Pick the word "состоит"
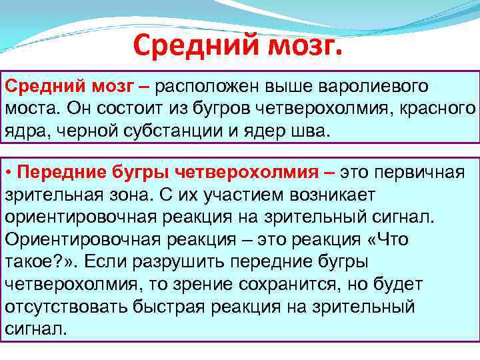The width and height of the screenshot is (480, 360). (x=126, y=109)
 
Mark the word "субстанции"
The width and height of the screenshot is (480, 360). (x=169, y=130)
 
